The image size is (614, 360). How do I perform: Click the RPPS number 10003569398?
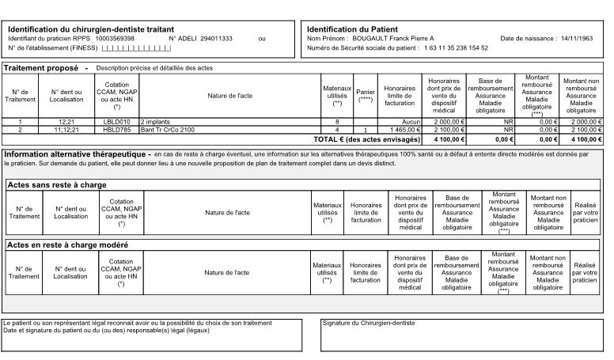(x=115, y=38)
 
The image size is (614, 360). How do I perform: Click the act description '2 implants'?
(x=155, y=122)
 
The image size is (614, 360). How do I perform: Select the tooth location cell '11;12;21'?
(x=66, y=129)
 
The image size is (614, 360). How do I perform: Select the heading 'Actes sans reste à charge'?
(x=56, y=184)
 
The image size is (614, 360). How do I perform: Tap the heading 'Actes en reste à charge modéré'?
(x=67, y=244)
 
